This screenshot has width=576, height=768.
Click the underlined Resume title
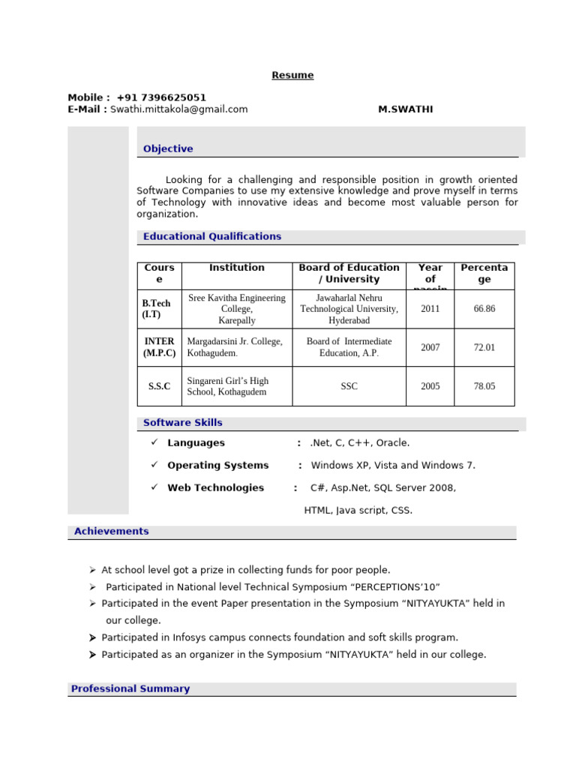292,75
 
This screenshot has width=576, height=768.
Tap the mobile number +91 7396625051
161,97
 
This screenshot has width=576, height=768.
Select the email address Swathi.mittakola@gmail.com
178,109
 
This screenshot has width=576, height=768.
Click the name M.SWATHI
405,109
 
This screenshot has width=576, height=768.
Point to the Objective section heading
168,148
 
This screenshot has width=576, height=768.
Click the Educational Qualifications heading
212,236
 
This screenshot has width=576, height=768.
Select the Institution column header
236,268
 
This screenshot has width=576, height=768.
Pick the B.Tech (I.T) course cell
157,309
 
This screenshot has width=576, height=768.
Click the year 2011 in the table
430,308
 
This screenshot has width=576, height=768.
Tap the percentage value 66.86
484,308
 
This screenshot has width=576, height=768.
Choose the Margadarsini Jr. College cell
235,347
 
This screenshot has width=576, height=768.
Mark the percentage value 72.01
484,347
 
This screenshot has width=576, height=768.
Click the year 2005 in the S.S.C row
430,386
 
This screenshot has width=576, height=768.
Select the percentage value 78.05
484,386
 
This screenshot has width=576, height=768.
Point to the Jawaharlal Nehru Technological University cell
349,308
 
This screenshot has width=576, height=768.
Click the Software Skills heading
183,423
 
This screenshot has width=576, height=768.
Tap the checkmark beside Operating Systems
154,465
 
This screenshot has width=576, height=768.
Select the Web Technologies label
215,487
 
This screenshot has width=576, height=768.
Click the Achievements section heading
111,531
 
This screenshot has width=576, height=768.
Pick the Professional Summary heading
130,688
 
